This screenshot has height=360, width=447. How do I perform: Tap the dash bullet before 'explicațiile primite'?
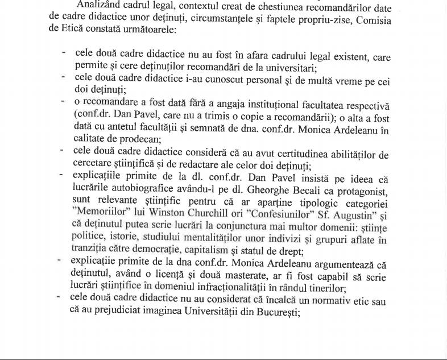point(61,175)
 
